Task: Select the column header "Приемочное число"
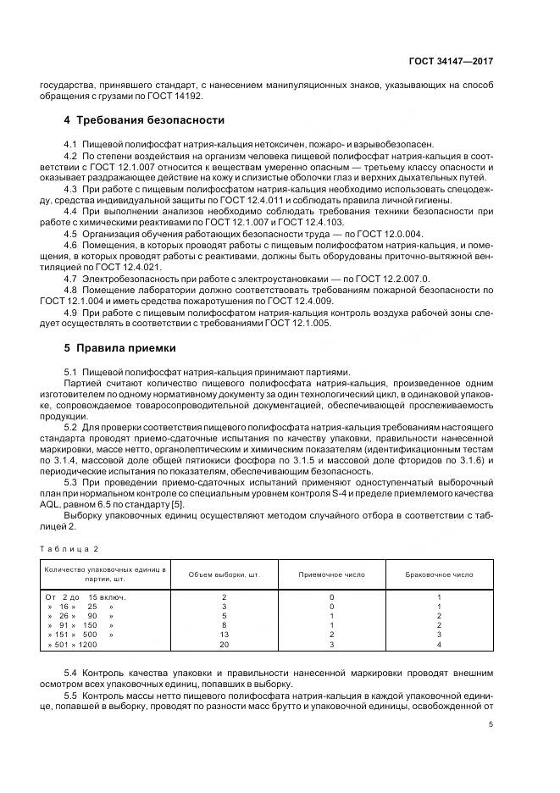332,574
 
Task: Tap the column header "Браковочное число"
439,574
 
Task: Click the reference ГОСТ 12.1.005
302,324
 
